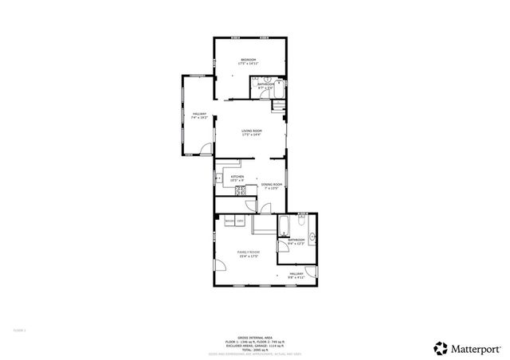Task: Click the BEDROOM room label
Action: click(x=249, y=61)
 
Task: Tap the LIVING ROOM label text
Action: click(x=252, y=131)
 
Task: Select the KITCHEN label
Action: click(x=237, y=178)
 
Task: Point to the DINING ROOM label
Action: click(x=272, y=185)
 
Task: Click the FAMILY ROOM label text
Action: click(x=248, y=252)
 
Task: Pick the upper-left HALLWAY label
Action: click(x=199, y=115)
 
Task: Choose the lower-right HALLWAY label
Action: click(x=297, y=274)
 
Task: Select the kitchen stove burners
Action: click(x=229, y=190)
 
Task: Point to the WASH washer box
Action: click(x=229, y=221)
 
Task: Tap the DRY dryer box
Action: click(x=239, y=221)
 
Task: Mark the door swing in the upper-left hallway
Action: click(x=206, y=148)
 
